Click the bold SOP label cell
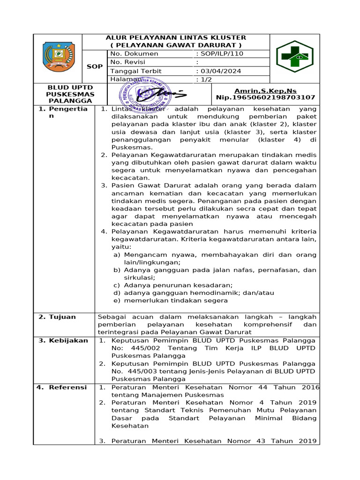[95, 67]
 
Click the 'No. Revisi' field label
[127, 62]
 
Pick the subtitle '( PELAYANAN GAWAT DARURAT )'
[176, 45]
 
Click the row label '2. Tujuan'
[57, 317]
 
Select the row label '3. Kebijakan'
[63, 340]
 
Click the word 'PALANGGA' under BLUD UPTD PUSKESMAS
[64, 101]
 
